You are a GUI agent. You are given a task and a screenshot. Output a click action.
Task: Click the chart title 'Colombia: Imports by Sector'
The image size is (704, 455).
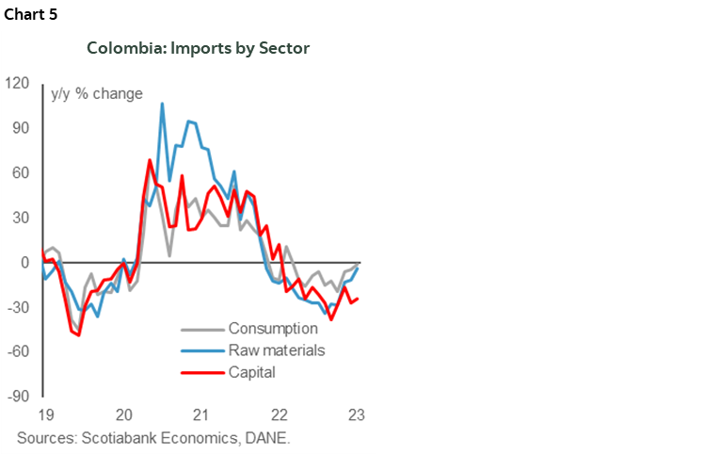198,47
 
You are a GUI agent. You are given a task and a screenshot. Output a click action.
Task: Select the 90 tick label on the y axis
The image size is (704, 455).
20,128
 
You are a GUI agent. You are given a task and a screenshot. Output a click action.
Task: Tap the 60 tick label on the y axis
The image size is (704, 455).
20,172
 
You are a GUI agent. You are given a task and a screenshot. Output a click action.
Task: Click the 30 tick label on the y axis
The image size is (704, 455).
20,218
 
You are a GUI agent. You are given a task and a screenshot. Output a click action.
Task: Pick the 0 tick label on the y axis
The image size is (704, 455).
24,262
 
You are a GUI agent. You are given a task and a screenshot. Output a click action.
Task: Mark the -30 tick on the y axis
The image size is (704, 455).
17,307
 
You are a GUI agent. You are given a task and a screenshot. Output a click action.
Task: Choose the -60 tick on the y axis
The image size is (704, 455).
17,351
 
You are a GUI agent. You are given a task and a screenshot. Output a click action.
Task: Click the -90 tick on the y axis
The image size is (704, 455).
17,397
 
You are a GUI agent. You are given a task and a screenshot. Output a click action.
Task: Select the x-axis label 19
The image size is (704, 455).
45,415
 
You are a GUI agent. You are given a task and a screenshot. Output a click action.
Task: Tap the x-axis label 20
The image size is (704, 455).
123,415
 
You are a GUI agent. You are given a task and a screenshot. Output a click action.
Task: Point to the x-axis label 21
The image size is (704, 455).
200,415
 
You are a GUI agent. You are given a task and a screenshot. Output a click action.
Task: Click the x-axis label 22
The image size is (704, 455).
279,415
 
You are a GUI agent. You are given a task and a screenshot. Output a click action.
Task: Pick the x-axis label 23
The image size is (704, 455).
356,415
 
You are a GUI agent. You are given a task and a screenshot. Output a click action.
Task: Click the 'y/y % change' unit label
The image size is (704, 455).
97,93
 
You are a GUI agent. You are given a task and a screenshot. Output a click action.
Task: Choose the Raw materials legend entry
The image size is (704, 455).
276,350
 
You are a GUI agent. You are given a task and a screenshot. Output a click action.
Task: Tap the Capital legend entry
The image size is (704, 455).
251,372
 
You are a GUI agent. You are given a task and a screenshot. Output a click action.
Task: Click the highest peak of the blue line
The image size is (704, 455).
162,104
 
